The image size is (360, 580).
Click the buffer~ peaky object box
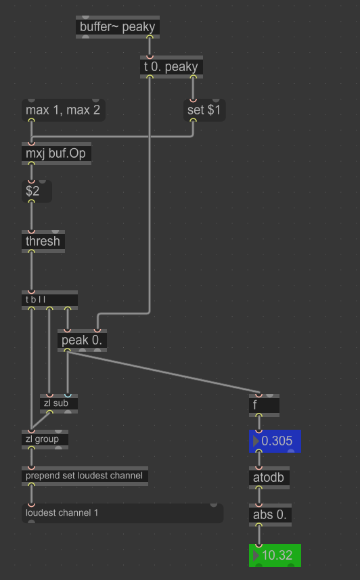point(118,27)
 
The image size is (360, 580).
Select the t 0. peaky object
point(171,67)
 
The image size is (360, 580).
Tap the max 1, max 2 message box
point(64,110)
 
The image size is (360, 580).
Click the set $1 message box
point(204,110)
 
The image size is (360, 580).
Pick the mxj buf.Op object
point(57,154)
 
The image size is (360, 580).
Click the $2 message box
point(37,192)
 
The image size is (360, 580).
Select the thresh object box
point(43,242)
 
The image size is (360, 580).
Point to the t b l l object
point(49,300)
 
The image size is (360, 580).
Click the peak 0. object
point(82,340)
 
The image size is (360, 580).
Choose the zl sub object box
point(59,403)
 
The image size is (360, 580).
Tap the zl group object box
point(45,439)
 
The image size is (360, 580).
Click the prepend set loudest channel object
point(85,476)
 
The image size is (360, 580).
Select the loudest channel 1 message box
point(123,514)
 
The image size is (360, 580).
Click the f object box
point(264,405)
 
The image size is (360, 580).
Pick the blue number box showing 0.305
point(275,441)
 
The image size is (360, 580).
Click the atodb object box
point(269,478)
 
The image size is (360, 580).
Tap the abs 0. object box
point(271,515)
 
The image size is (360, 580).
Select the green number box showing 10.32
point(275,556)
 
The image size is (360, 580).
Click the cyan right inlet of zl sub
point(68,395)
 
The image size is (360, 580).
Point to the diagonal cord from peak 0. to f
point(163,372)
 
